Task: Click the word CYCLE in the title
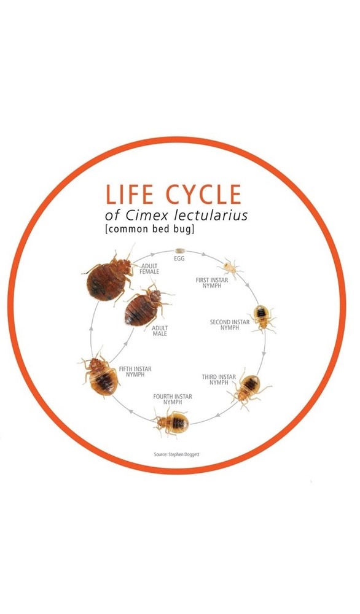pos(203,194)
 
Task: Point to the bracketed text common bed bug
pos(149,228)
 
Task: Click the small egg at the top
pos(180,251)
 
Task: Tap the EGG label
pos(179,259)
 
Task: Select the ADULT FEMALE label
pos(150,269)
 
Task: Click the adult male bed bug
pos(146,305)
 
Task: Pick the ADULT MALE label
pos(160,331)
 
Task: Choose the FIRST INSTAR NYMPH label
pos(211,283)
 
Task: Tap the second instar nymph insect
pos(262,317)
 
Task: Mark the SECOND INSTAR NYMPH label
pos(230,325)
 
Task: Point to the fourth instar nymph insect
pos(173,422)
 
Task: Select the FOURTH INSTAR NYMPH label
pos(173,400)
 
